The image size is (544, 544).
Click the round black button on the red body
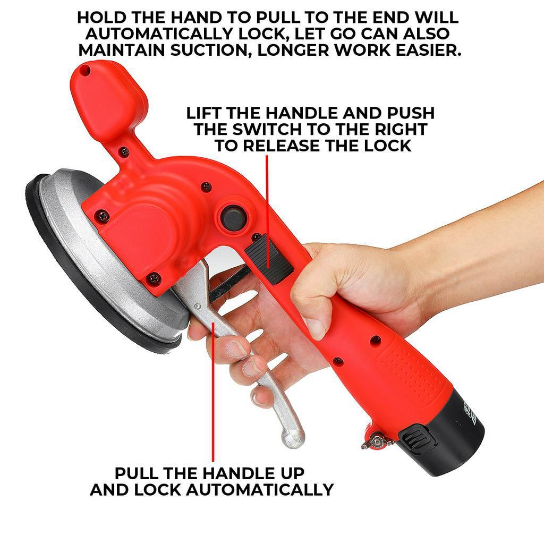(232, 218)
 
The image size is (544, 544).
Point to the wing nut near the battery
(378, 440)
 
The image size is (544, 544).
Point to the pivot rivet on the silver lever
(198, 306)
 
